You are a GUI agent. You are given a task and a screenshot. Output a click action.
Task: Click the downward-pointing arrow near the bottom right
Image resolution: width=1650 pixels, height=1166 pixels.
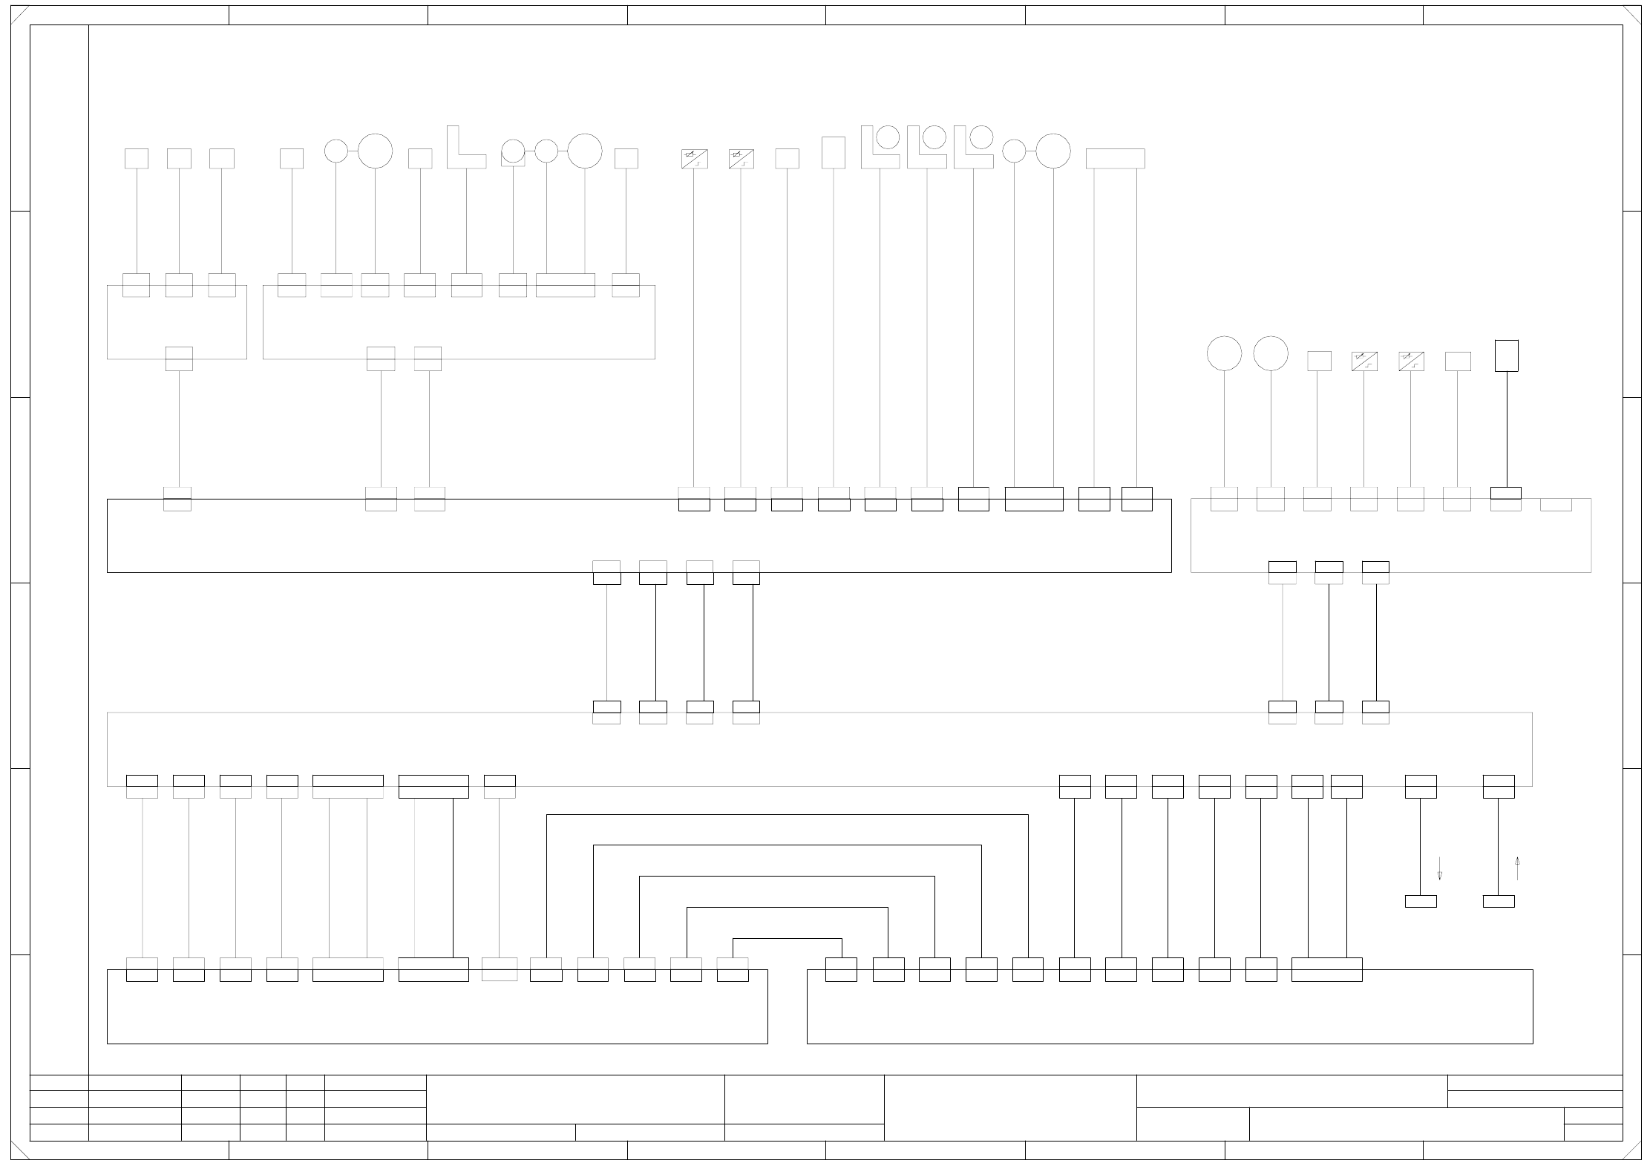click(x=1439, y=868)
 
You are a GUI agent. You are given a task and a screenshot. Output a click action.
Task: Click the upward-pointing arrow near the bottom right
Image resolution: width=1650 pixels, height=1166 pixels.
click(x=1517, y=868)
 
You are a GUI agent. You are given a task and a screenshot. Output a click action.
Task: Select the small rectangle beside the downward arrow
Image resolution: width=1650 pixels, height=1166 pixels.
click(x=1421, y=901)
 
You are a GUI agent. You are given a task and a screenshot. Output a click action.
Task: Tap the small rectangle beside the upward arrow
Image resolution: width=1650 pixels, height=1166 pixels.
click(x=1499, y=901)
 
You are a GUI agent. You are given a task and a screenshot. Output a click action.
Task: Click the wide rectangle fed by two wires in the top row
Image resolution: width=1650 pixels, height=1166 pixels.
click(x=1115, y=159)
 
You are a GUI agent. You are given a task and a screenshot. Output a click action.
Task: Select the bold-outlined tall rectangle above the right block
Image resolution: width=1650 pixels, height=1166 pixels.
click(x=1506, y=356)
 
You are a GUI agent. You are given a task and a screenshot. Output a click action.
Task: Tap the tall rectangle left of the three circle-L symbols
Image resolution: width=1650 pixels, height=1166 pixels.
click(x=834, y=152)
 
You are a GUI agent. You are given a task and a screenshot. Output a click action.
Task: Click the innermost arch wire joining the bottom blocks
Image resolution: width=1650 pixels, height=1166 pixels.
click(x=788, y=939)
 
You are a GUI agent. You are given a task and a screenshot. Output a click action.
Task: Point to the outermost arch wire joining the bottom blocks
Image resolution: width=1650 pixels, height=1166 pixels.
click(x=788, y=815)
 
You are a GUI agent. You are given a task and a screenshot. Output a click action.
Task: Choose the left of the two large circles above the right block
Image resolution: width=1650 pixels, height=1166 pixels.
click(x=1224, y=353)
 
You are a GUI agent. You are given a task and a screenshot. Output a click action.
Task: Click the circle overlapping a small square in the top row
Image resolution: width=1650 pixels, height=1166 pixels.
click(x=513, y=151)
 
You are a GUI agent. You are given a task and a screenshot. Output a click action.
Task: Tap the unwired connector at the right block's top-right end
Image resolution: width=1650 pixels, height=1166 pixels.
click(x=1556, y=505)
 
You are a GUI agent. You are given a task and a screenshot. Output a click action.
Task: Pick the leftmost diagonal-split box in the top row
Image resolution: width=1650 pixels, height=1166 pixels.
click(x=694, y=159)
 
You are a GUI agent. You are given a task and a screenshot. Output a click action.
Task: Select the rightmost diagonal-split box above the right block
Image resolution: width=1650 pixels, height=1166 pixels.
click(x=1411, y=361)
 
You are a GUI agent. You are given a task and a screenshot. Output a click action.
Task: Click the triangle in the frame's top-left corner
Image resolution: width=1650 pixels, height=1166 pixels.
click(x=18, y=14)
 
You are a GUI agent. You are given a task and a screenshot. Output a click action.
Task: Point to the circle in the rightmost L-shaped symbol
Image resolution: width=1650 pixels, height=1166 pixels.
click(x=981, y=137)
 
